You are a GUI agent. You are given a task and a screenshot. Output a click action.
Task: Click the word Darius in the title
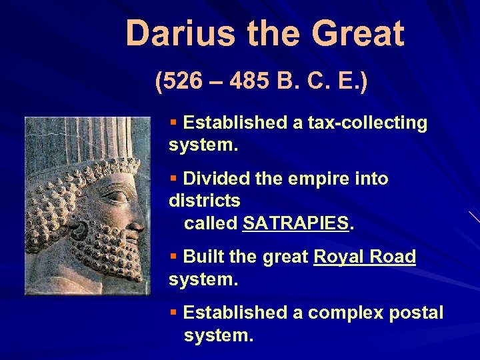click(173, 33)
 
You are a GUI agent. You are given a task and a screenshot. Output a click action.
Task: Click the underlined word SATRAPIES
click(296, 223)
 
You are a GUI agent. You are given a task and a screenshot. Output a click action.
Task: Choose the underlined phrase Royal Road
click(364, 257)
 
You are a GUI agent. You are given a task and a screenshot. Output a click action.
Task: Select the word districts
click(204, 201)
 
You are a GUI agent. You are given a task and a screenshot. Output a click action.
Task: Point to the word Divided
click(213, 179)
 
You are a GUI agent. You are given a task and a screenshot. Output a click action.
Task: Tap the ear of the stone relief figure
click(80, 230)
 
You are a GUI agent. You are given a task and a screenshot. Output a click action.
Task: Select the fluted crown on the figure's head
click(93, 140)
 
